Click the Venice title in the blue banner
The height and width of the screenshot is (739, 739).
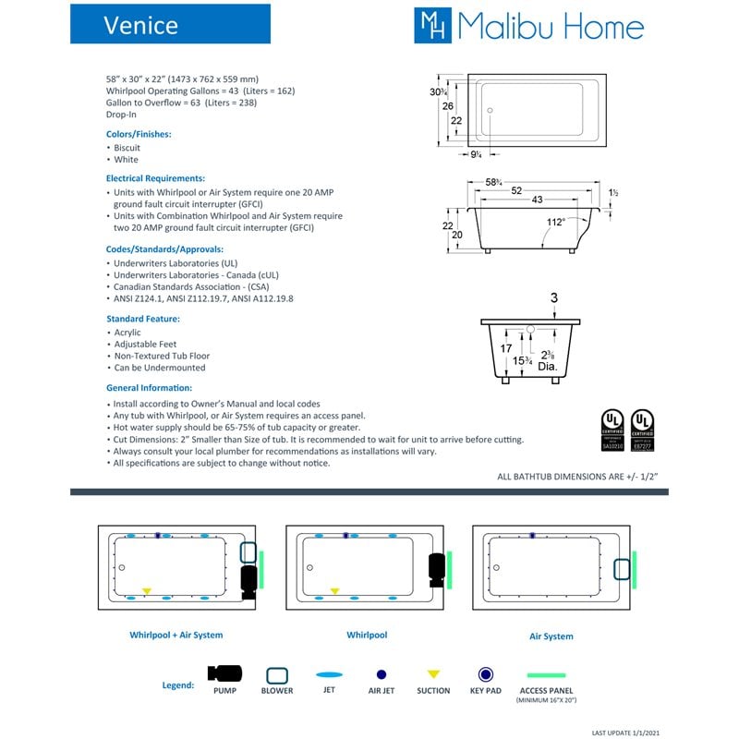tap(140, 24)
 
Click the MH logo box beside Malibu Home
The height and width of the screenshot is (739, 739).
tap(432, 25)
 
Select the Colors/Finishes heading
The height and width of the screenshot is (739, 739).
tap(139, 134)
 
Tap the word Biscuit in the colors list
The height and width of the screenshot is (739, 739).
tap(127, 147)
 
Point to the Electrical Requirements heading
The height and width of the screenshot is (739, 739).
tap(155, 177)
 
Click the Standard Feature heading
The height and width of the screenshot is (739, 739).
tap(143, 319)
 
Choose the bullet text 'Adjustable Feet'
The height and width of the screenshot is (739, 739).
tap(145, 345)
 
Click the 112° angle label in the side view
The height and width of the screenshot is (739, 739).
tap(555, 222)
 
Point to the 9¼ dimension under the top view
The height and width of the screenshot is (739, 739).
tap(476, 154)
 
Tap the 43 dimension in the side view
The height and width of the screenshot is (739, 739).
tap(537, 200)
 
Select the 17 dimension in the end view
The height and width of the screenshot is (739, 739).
tap(505, 349)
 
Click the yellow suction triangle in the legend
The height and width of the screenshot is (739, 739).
tap(433, 674)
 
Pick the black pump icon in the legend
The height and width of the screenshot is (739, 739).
tap(224, 674)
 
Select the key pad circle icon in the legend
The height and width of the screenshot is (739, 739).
tap(485, 674)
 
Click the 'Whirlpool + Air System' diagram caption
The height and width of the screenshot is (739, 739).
tap(176, 636)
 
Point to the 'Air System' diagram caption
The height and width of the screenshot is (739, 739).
tap(551, 636)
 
